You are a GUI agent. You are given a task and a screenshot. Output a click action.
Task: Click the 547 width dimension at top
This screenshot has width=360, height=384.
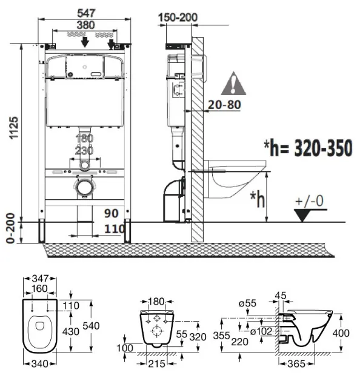tap(86, 13)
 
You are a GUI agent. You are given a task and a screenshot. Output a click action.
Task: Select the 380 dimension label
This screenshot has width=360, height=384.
tap(85, 25)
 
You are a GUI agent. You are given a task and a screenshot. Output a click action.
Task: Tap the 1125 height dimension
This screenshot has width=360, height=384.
tap(14, 128)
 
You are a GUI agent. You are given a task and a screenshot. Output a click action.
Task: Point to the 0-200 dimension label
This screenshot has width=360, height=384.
tap(10, 228)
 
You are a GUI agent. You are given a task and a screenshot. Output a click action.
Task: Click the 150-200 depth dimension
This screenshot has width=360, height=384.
tap(178, 18)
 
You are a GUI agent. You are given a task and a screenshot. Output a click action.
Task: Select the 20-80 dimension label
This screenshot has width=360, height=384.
tap(224, 105)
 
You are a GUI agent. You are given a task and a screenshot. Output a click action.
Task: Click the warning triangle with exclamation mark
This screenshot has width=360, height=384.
tap(233, 84)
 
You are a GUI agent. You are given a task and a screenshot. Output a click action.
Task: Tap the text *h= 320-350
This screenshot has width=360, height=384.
tap(308, 148)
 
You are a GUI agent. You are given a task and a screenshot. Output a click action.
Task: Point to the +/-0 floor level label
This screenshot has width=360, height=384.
tap(310, 201)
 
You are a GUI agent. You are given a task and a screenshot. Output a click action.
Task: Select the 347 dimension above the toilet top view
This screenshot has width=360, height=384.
tap(40, 279)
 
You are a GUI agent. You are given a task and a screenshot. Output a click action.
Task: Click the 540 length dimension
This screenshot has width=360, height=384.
tap(91, 326)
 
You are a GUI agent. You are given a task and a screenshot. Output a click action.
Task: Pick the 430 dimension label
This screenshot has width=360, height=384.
tap(70, 331)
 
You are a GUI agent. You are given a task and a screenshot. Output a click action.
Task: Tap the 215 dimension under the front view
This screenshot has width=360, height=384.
tap(156, 364)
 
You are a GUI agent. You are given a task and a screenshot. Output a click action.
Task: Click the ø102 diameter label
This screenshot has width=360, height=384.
tap(261, 331)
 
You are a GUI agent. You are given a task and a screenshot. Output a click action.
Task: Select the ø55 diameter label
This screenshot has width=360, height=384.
tap(247, 303)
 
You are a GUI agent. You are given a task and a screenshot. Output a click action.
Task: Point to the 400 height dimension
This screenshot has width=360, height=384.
tap(341, 333)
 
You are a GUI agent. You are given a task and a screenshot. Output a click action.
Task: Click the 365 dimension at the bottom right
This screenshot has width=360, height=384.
tap(296, 364)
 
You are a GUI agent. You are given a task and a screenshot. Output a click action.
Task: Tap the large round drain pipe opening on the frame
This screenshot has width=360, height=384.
tap(85, 188)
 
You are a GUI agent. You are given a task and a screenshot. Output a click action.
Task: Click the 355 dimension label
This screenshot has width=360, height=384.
tap(221, 336)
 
